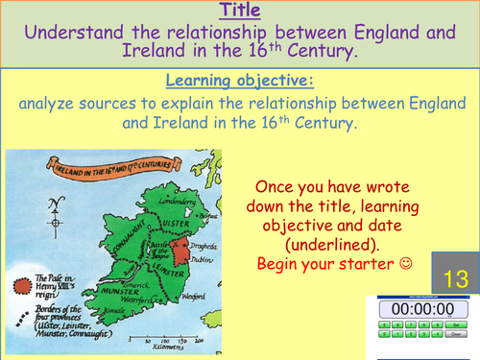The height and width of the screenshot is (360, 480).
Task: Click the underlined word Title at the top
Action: (x=239, y=12)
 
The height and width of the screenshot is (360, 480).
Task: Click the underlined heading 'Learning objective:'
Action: (x=239, y=81)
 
